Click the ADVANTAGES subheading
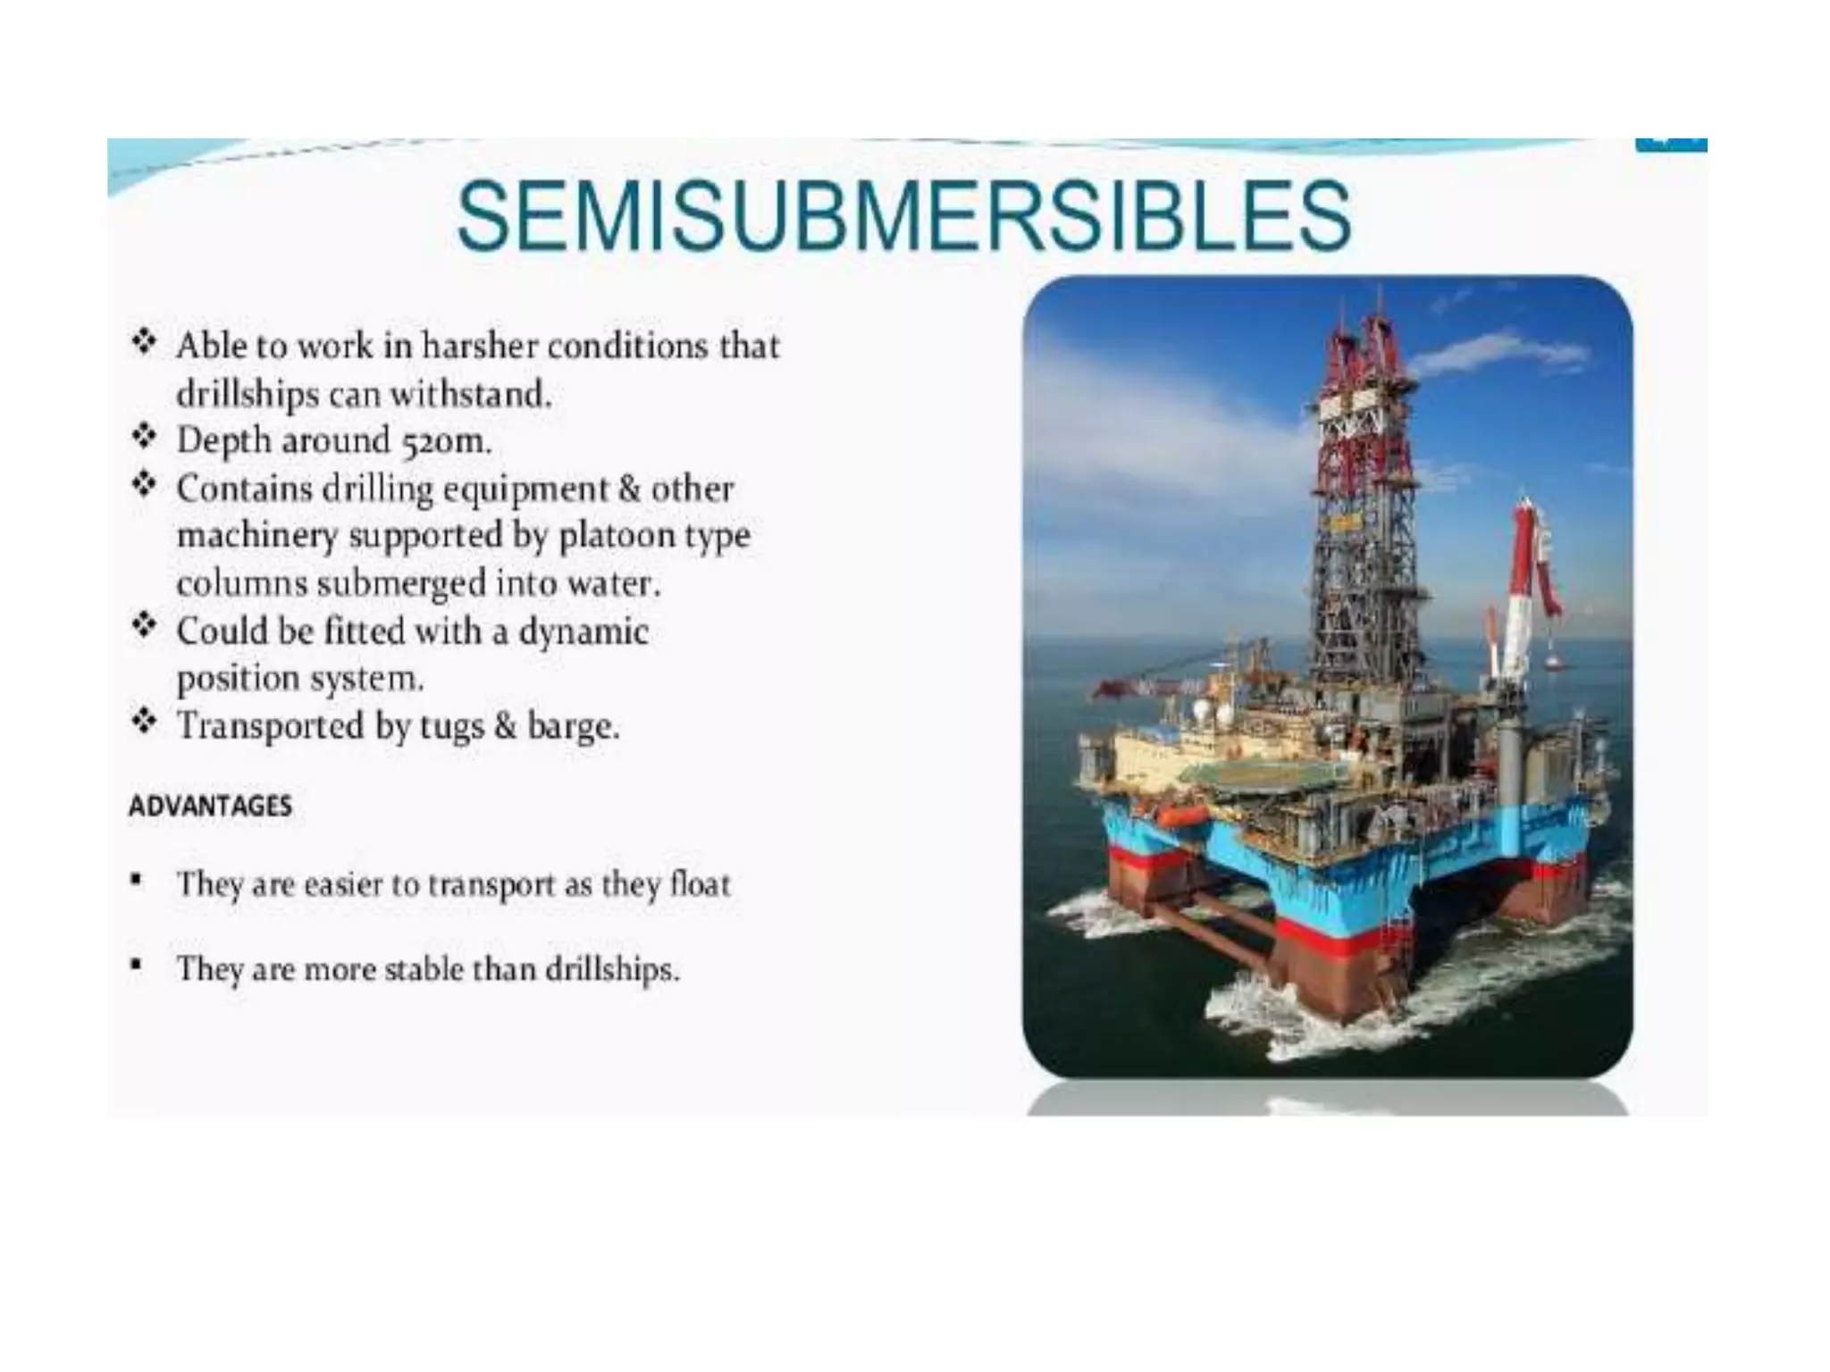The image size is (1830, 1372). click(210, 806)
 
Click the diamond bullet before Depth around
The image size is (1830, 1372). click(144, 437)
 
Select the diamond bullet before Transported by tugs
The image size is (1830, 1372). click(144, 720)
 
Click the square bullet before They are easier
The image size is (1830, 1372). click(136, 881)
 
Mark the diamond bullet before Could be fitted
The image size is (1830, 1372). click(144, 624)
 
